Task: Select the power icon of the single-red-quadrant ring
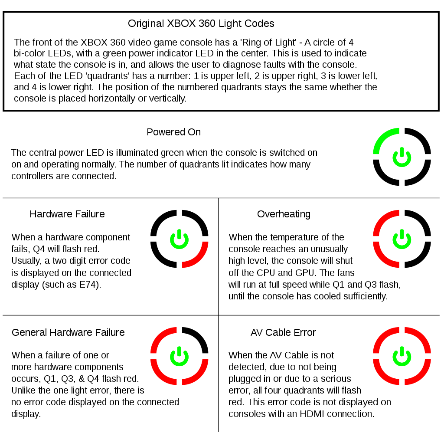point(179,239)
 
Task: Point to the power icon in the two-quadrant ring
point(402,239)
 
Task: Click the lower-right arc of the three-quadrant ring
point(200,376)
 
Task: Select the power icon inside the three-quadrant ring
point(179,356)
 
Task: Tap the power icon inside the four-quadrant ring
point(402,356)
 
